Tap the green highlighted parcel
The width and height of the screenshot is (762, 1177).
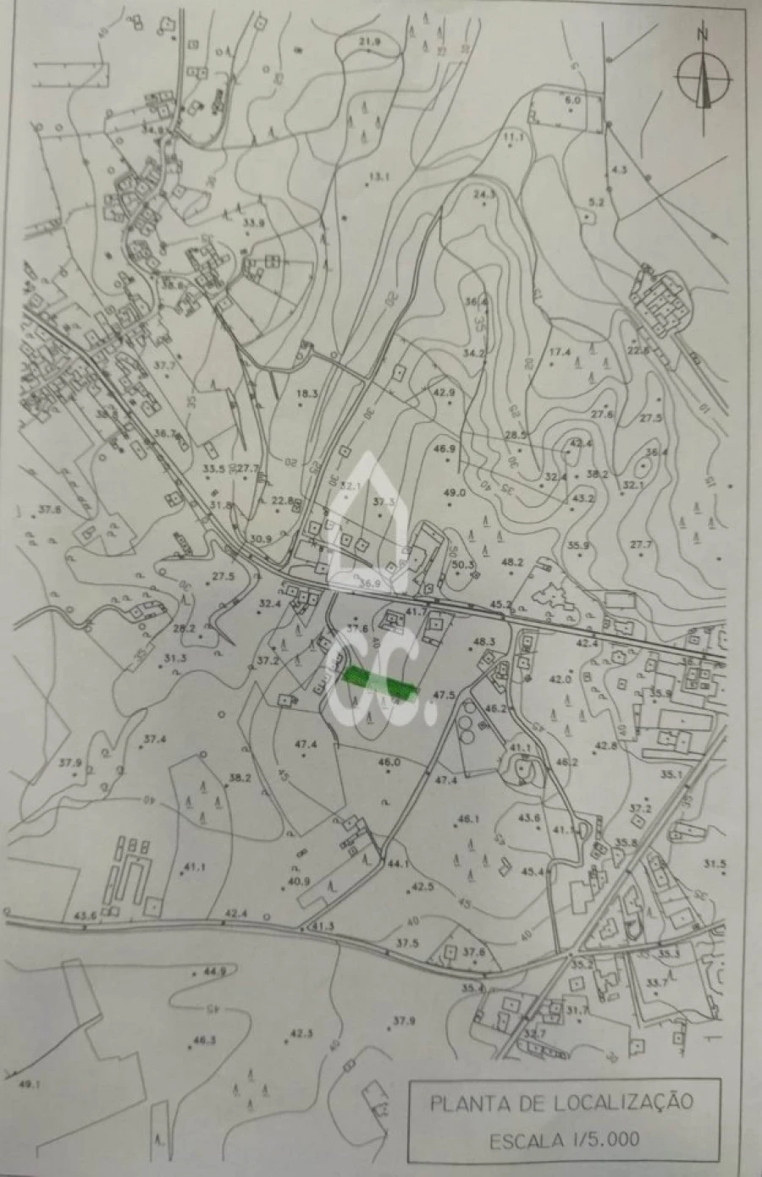(381, 684)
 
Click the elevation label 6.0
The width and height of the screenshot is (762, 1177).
(573, 100)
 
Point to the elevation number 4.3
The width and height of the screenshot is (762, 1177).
(618, 169)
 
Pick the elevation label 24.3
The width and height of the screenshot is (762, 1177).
(484, 195)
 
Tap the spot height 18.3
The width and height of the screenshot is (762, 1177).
(306, 393)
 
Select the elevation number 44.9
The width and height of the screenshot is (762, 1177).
(215, 971)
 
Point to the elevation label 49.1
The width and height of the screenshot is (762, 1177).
(30, 1085)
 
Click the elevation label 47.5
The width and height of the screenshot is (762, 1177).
(444, 695)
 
